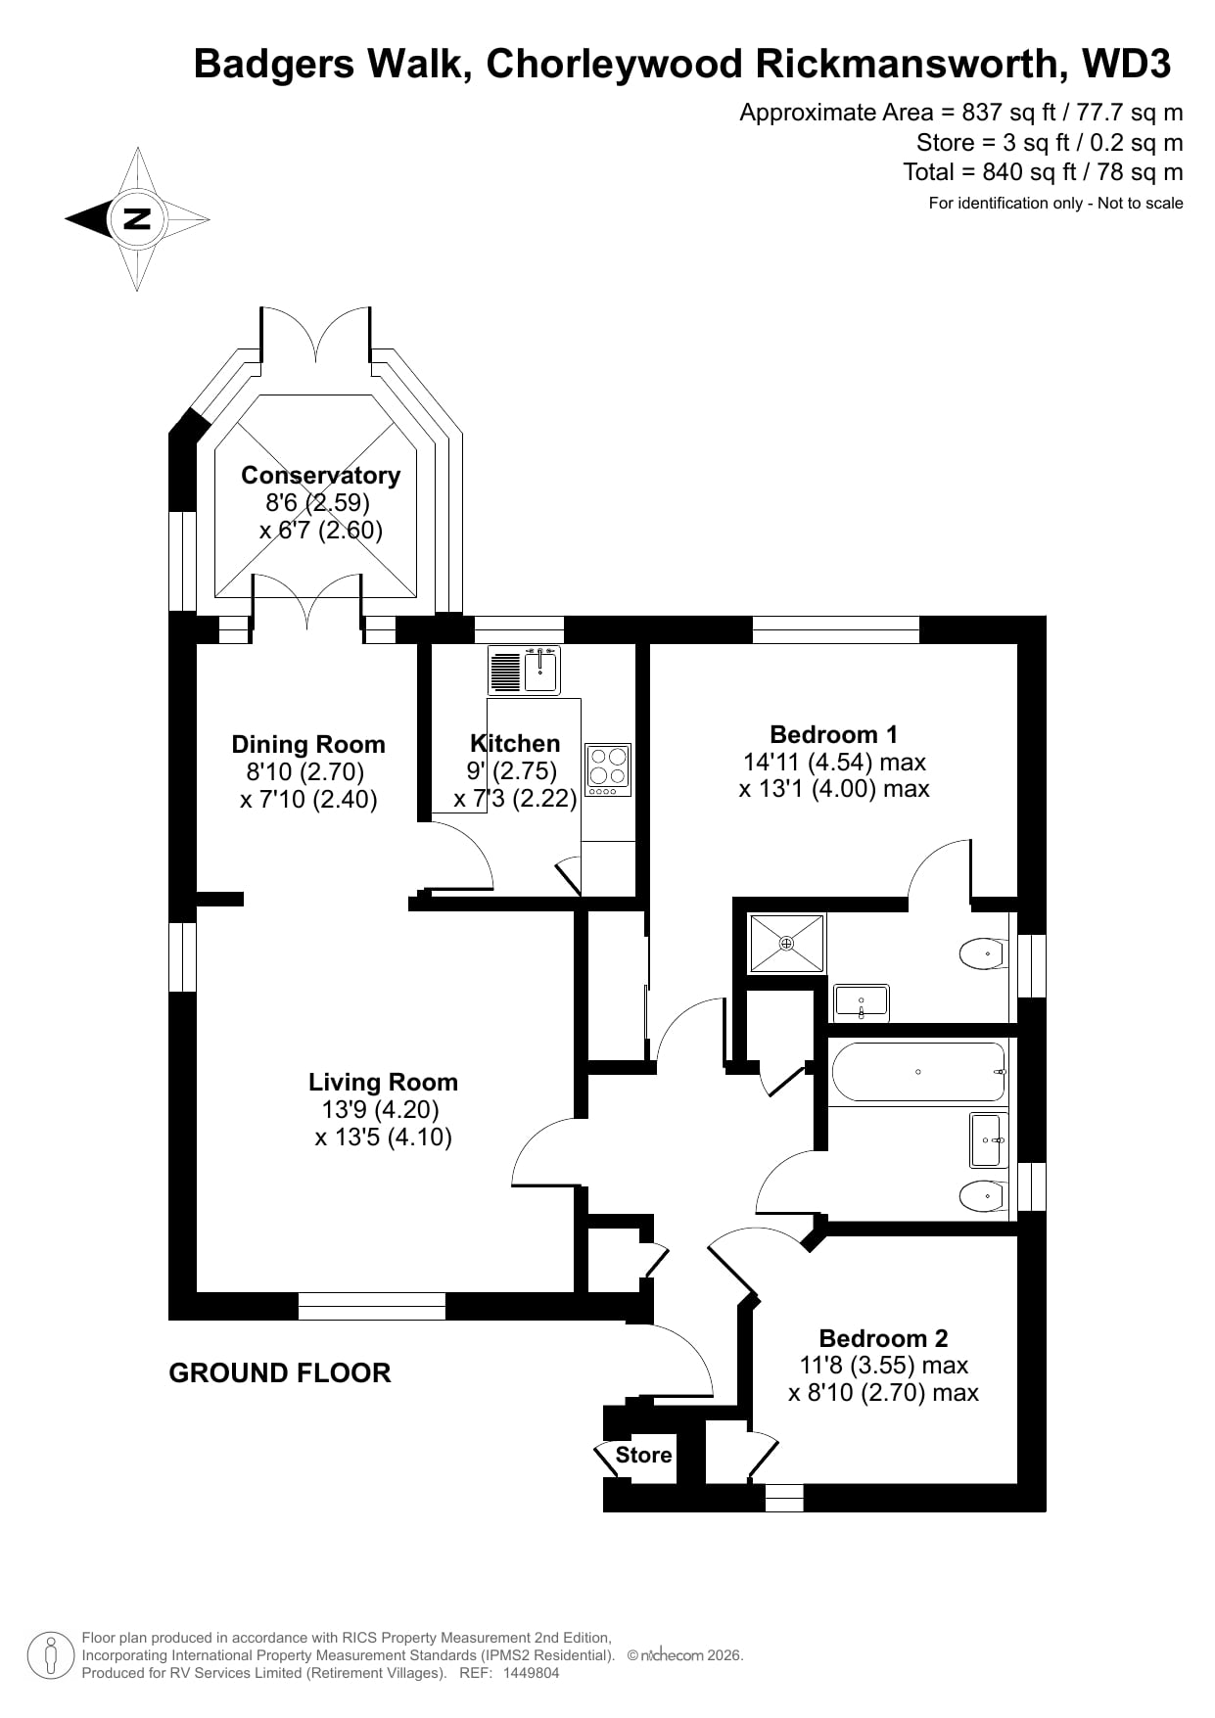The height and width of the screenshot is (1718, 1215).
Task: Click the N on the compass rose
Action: point(138,218)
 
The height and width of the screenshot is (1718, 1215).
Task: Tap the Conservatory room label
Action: point(320,476)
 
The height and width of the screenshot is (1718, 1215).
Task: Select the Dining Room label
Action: point(308,744)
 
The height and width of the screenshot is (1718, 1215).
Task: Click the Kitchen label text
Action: point(515,743)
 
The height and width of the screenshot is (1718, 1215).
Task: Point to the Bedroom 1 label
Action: point(833,734)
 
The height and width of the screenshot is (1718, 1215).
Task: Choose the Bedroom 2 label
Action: point(883,1338)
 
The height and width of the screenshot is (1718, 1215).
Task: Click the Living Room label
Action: point(383,1082)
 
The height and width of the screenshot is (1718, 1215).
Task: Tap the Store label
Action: point(643,1455)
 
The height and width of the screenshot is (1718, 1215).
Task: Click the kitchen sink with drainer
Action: point(524,671)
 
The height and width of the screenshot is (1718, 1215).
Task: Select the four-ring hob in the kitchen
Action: point(608,769)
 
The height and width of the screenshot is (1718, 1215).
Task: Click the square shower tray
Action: point(787,943)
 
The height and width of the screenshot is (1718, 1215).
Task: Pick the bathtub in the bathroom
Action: point(918,1072)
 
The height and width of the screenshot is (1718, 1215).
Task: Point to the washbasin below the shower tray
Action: point(861,1002)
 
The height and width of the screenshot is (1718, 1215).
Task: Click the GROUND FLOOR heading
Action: point(280,1372)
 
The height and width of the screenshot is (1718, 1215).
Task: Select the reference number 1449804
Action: point(531,1673)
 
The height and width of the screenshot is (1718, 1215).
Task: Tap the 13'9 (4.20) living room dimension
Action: point(380,1109)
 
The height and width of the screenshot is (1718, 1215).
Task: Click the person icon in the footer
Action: point(51,1655)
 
